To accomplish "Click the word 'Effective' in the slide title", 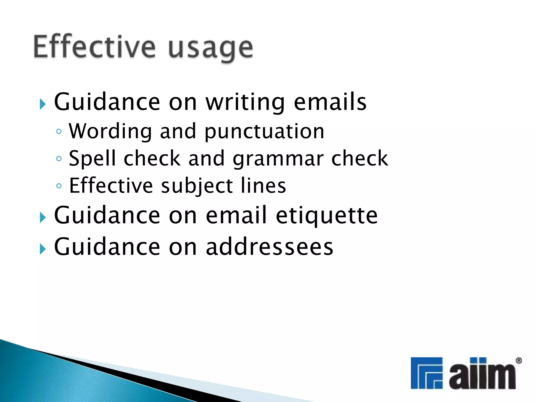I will tap(94, 47).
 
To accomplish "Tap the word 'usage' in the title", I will tap(210, 48).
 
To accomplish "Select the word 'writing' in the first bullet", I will tap(245, 103).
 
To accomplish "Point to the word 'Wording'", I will tap(110, 131).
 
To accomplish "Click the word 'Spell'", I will tap(92, 158).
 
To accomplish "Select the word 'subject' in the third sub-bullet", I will tap(197, 186).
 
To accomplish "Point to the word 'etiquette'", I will tap(327, 215).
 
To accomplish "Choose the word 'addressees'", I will tap(270, 247).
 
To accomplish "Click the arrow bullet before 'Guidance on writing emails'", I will tap(43, 104).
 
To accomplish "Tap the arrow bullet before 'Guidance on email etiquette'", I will tap(43, 217).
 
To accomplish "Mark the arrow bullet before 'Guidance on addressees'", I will tap(43, 249).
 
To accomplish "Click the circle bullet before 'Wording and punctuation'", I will tap(59, 131).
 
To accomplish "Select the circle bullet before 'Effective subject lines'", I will tap(59, 186).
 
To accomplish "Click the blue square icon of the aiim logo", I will tap(426, 373).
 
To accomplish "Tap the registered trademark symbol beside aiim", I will tap(519, 361).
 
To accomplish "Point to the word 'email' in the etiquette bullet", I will tap(236, 215).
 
